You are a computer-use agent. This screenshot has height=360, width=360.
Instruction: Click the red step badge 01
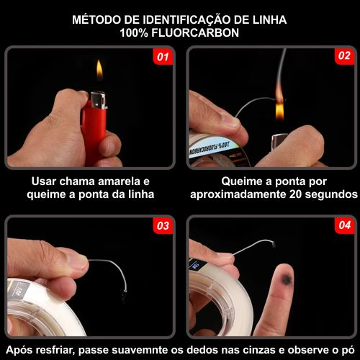click(163, 57)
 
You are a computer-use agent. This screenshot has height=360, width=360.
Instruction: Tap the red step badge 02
click(344, 56)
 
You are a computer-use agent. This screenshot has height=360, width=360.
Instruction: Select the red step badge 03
click(163, 225)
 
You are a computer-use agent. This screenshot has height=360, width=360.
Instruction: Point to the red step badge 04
click(345, 225)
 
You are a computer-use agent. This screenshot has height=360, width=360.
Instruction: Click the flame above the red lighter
click(99, 71)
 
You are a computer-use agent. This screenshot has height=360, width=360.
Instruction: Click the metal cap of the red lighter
click(99, 100)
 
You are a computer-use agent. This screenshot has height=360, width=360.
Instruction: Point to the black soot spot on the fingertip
click(287, 279)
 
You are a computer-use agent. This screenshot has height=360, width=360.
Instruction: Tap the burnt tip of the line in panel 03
click(124, 294)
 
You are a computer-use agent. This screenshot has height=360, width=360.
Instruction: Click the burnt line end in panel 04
click(273, 245)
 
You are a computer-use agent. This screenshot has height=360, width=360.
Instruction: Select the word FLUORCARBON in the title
click(195, 32)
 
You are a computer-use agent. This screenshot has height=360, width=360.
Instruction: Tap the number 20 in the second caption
click(295, 194)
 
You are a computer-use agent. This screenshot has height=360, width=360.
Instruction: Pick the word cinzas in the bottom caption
click(260, 350)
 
